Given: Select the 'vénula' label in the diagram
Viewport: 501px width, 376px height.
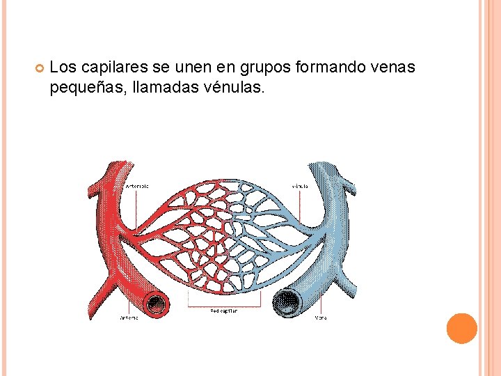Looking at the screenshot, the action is pos(300,186).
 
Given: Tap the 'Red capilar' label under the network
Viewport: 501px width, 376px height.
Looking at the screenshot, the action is pos(223,311).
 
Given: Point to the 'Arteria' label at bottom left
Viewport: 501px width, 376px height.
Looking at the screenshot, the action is pos(129,318).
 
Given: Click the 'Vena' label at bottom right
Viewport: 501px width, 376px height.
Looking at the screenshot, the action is pos(320,318).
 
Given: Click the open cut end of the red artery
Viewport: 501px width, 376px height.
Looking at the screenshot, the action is pos(156,304).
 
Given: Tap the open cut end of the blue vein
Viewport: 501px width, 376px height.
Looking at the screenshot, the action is pos(287,304).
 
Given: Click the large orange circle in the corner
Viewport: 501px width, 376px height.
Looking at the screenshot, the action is pos(462,328).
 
